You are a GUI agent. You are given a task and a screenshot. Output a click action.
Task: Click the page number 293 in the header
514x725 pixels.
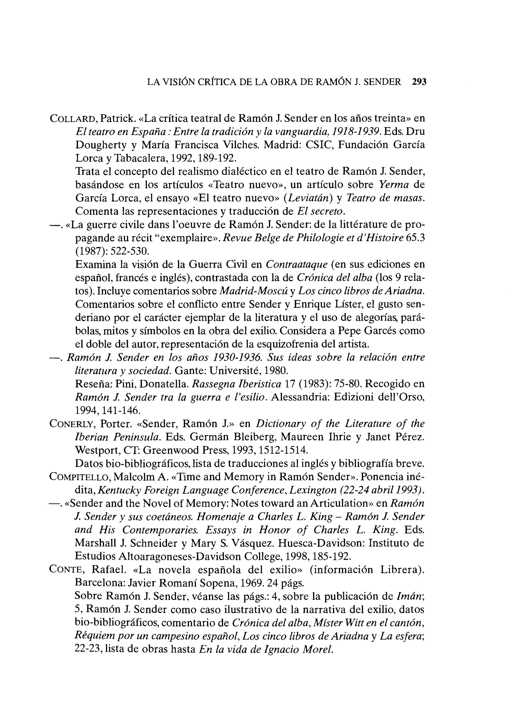419,82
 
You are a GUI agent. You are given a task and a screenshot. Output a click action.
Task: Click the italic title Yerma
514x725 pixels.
394,185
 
